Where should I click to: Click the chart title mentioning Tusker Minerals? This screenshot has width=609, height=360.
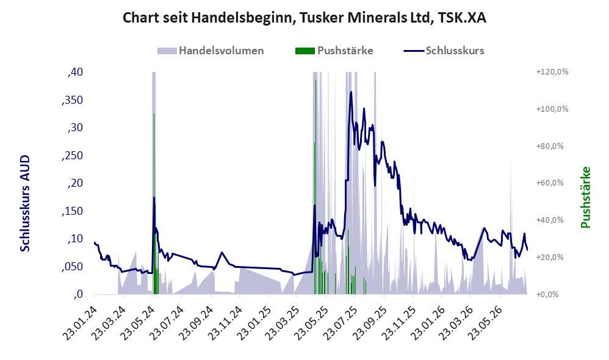304,18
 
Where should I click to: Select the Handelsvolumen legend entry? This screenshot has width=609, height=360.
211,51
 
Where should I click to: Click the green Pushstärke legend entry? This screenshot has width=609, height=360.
334,51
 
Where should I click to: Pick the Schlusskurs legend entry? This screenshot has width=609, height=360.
444,51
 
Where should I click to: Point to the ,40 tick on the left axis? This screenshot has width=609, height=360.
75,72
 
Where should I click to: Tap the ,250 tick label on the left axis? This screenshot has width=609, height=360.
73,156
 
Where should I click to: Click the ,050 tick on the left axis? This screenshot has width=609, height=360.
73,267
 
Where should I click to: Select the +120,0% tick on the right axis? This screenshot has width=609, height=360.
552,72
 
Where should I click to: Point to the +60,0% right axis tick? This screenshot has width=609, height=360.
550,183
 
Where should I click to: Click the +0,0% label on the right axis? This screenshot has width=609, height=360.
547,294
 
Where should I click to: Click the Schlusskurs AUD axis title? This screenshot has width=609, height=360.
25,203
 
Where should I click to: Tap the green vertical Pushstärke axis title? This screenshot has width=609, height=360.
586,197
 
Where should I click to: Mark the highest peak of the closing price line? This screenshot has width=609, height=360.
351,92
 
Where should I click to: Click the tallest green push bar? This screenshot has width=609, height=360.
315,187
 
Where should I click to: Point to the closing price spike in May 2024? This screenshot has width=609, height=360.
154,198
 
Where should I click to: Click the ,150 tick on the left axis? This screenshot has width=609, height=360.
73,211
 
